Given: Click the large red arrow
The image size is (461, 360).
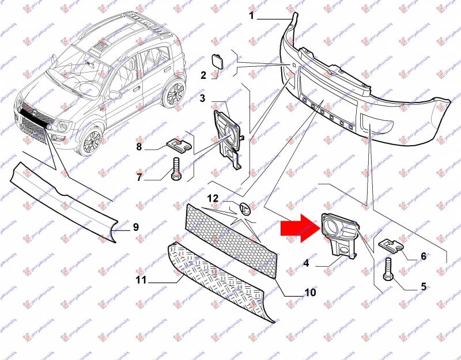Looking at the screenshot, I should (x=297, y=227).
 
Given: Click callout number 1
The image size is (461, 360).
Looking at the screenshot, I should (x=252, y=16).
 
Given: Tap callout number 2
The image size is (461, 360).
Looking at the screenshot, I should (x=203, y=75).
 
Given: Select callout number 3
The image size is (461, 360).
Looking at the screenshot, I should (x=203, y=98).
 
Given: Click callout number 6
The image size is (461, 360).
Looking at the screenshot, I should (x=423, y=256).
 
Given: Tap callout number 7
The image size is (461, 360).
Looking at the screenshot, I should (x=139, y=177).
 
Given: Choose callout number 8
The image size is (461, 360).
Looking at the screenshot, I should (x=139, y=147).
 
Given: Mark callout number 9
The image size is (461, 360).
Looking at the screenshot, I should (x=136, y=227).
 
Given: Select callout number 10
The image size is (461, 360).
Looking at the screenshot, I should (x=310, y=293).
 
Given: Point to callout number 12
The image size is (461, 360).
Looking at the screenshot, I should (x=213, y=198).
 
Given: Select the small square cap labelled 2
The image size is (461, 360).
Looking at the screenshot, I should (x=220, y=60).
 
